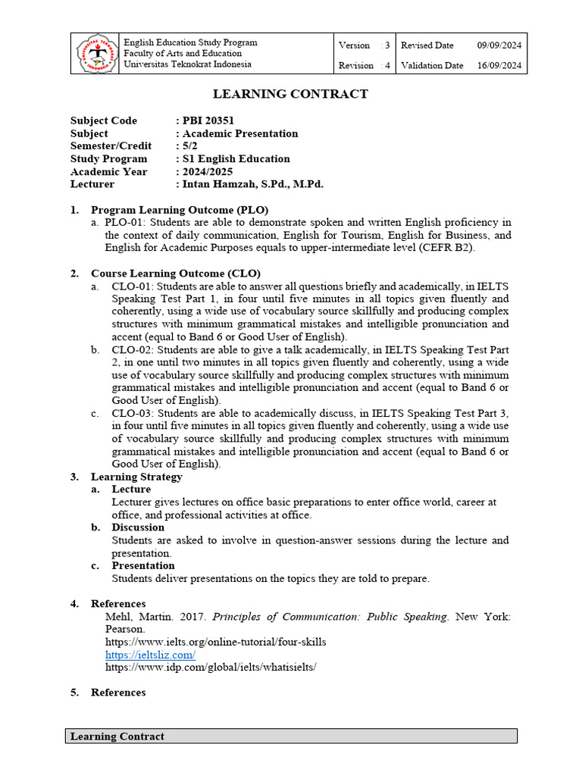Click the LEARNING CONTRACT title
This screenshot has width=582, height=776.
coord(290,94)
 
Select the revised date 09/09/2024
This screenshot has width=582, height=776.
coord(499,45)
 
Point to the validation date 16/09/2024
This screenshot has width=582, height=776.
coord(499,65)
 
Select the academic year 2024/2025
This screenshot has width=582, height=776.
coord(208,171)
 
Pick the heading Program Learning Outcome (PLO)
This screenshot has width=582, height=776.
coord(180,210)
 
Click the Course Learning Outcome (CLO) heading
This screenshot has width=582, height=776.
coord(176,273)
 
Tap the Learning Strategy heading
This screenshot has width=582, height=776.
coord(136,477)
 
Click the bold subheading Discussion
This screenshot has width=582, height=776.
coord(138,527)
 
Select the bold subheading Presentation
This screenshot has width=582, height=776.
coord(143,565)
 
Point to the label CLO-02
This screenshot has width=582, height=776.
coord(132,349)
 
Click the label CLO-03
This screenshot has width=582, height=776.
coord(132,413)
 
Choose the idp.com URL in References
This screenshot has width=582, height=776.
coord(210,668)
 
